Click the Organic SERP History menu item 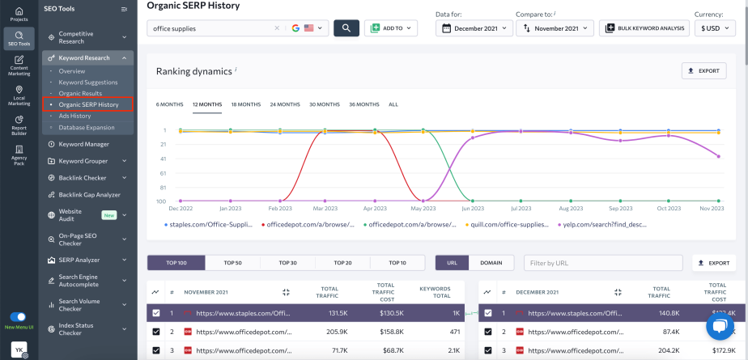click(x=88, y=104)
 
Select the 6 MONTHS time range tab click(x=169, y=104)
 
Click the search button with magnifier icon click(x=346, y=28)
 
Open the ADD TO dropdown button click(x=391, y=28)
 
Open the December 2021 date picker click(x=474, y=28)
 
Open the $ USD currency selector click(x=715, y=28)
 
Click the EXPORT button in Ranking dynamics click(x=703, y=70)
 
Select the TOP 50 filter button click(x=232, y=263)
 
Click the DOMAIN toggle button click(x=491, y=263)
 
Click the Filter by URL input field click(x=601, y=263)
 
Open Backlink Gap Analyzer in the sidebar click(x=89, y=194)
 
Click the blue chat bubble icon click(x=718, y=327)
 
